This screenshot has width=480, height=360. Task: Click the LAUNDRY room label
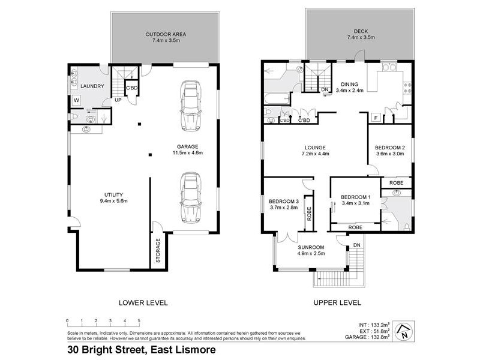coord(94,86)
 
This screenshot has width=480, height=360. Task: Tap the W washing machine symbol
coord(77,100)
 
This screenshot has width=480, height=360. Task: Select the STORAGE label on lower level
coord(158,252)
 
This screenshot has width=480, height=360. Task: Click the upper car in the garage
coord(191,106)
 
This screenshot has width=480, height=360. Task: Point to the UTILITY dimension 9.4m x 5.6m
coord(113,201)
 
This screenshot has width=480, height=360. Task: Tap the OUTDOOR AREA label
coord(165,34)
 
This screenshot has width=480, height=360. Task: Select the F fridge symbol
coord(375,117)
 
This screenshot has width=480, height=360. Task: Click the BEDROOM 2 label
coord(390,148)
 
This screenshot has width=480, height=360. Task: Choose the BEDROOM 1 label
coord(356,197)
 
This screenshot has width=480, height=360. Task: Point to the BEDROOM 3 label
coord(284,201)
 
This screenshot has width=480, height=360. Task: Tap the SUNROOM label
coord(311,247)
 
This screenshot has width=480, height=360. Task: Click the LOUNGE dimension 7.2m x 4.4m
coord(314,154)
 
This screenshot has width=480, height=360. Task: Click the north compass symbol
coord(405,329)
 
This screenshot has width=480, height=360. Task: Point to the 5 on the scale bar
coord(139,320)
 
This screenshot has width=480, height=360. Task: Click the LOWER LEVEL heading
coord(143,302)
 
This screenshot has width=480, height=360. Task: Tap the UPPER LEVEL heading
coord(337,302)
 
